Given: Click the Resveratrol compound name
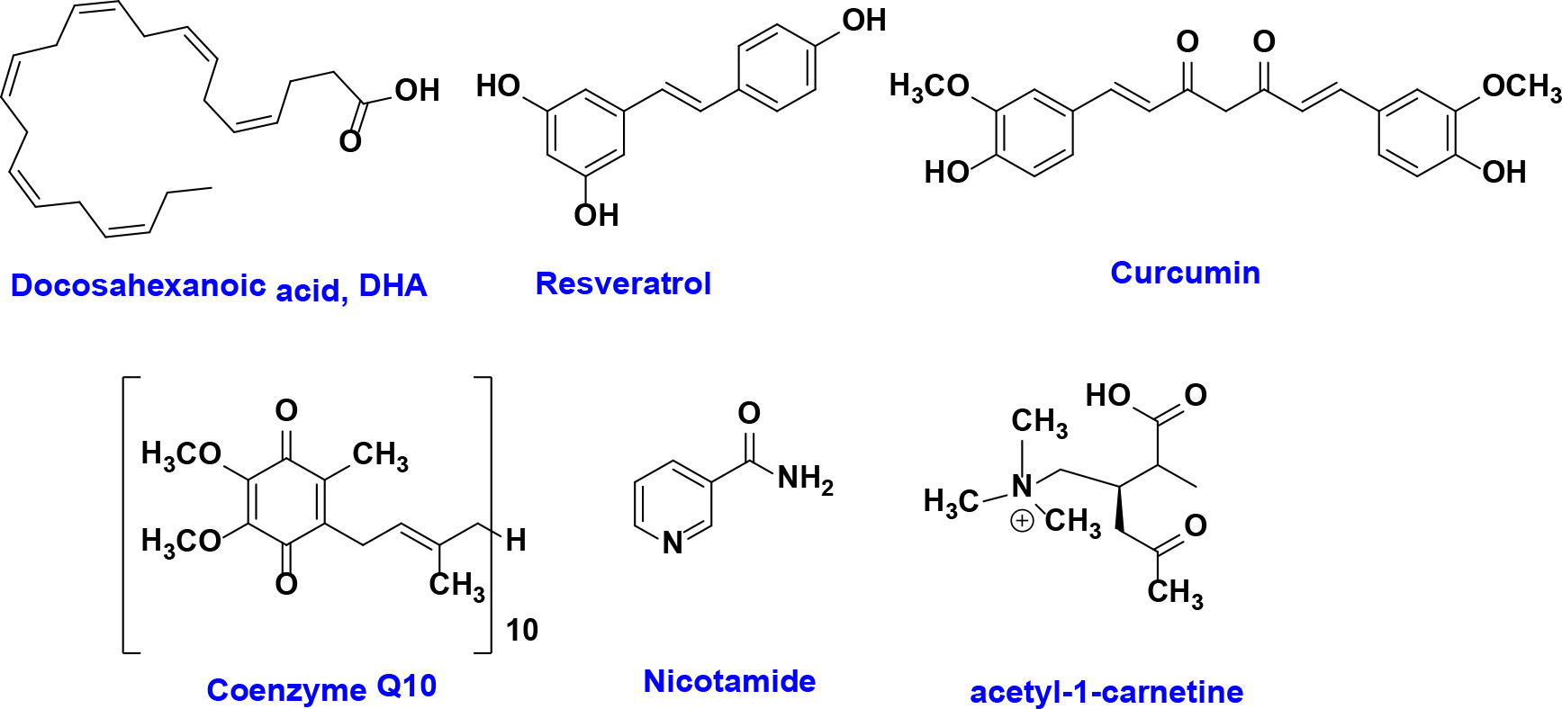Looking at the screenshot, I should tap(623, 283).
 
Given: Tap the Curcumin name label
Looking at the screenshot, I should tap(1185, 273).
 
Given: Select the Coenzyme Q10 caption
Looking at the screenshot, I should tap(321, 688).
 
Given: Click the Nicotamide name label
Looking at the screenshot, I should tap(729, 681).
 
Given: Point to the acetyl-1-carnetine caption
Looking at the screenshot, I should tap(1106, 692).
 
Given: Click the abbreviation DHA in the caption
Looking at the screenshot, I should tap(393, 286).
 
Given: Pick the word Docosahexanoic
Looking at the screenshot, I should tap(138, 285).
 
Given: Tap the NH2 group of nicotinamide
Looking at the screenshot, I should tap(805, 479).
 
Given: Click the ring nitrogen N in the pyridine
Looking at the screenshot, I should tap(673, 543).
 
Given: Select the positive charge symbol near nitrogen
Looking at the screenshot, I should tap(1022, 521).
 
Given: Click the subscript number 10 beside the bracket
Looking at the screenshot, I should tap(522, 630).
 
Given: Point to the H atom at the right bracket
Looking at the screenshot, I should tap(516, 540).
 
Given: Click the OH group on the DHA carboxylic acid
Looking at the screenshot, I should tap(417, 90).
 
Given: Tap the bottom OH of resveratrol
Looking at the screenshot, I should tap(596, 215).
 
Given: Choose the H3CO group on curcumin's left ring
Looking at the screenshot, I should tap(928, 86).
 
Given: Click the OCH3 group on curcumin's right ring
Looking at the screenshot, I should tap(1521, 86).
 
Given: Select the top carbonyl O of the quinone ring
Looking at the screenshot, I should tap(286, 410).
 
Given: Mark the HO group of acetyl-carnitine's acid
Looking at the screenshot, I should tap(1107, 395).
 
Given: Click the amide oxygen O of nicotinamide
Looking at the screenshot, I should tap(749, 413).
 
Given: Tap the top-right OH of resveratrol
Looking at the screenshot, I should tap(863, 20).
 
